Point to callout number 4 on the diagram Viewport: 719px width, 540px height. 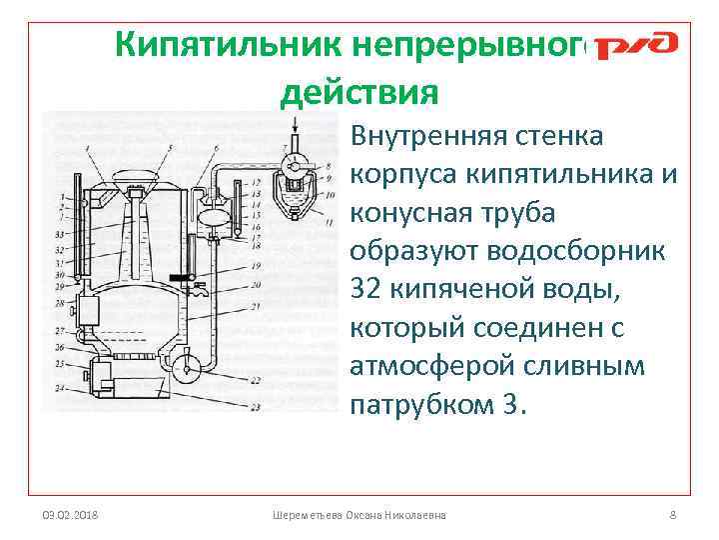pyautogui.click(x=87, y=149)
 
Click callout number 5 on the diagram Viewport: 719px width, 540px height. pyautogui.click(x=172, y=149)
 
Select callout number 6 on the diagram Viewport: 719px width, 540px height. pyautogui.click(x=217, y=149)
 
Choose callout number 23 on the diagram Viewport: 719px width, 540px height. pyautogui.click(x=256, y=408)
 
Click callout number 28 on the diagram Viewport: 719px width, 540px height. pyautogui.click(x=60, y=301)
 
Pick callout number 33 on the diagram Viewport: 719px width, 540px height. pyautogui.click(x=60, y=233)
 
